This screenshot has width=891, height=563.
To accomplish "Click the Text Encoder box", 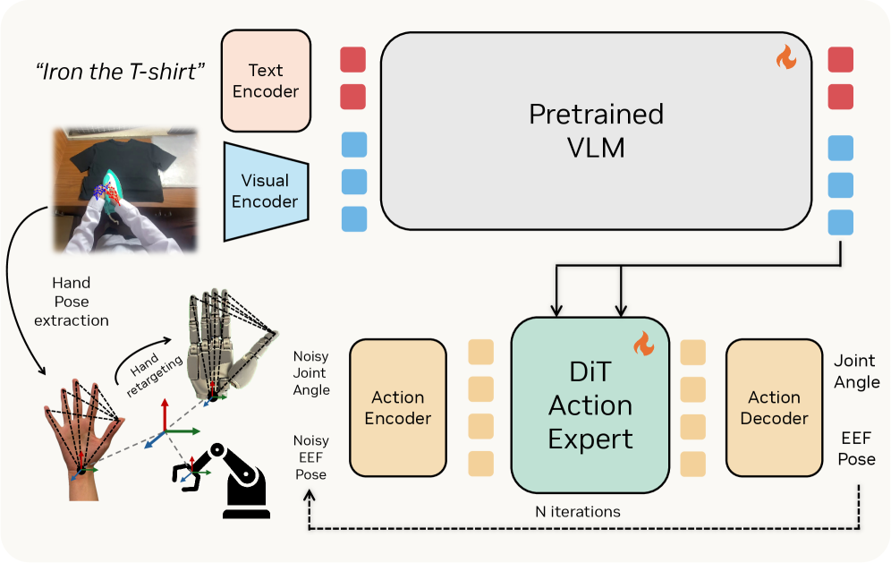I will tap(266, 81).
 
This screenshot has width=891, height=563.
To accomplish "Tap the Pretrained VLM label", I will tap(596, 130).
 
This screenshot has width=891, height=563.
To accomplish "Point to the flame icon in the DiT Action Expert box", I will tap(643, 344).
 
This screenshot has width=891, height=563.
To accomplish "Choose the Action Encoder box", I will tap(397, 407).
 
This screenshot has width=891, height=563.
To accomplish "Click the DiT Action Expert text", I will tap(590, 406).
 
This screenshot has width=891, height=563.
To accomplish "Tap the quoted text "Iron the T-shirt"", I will tap(116, 73).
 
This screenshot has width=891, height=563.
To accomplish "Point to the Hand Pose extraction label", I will tap(71, 302).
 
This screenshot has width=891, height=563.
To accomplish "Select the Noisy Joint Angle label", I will tap(311, 372).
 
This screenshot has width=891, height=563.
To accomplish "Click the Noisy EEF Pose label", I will tap(310, 457).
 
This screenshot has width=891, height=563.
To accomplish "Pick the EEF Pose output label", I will tap(857, 448).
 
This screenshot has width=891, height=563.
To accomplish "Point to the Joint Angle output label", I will tap(856, 371).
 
